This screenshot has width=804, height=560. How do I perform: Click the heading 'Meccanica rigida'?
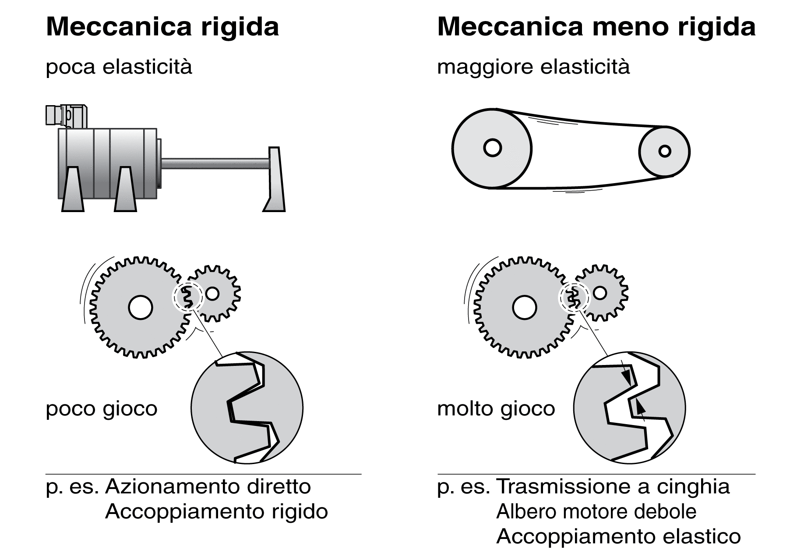(162, 27)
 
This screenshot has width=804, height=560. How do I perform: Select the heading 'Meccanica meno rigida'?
(596, 27)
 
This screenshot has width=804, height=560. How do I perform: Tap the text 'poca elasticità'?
(119, 67)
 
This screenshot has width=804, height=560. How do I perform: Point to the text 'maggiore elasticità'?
(533, 67)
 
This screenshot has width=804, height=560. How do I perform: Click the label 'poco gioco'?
(101, 409)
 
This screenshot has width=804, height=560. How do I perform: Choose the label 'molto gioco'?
(496, 409)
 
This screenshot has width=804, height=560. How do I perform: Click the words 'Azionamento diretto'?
(208, 486)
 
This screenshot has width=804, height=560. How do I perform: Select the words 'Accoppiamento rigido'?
(216, 511)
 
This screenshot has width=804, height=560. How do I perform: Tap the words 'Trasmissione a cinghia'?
(613, 486)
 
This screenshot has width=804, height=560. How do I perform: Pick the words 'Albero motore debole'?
(596, 511)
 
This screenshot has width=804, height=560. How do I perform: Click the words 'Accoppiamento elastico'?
(618, 536)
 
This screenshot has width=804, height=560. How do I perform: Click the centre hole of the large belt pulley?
(492, 148)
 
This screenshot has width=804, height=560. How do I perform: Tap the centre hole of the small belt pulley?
(665, 151)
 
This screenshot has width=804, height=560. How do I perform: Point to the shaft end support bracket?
(275, 180)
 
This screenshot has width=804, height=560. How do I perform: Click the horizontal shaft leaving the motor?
(215, 163)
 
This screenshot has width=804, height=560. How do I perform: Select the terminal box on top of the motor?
(66, 116)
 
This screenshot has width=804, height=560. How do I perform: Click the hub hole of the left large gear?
(141, 307)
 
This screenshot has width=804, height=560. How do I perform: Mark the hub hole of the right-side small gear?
(600, 293)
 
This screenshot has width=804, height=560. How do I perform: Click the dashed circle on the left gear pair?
(187, 297)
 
